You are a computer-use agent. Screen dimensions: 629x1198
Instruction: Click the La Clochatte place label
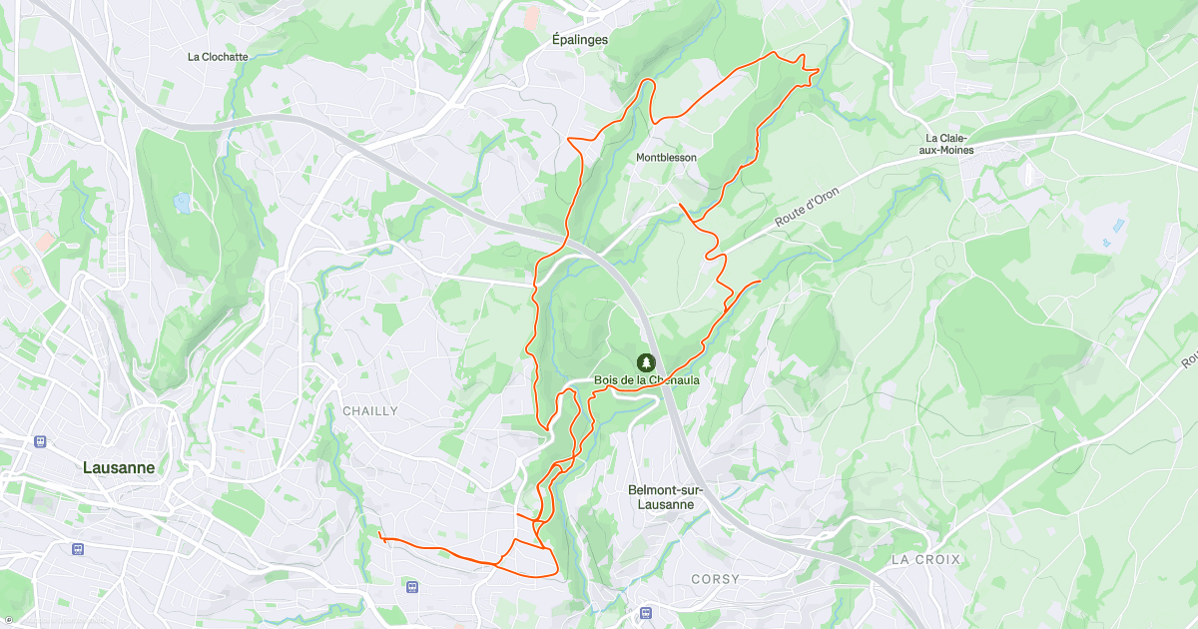[x=218, y=57]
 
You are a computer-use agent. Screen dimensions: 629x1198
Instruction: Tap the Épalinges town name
[x=580, y=40]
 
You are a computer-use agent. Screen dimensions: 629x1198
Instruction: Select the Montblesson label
[x=667, y=158]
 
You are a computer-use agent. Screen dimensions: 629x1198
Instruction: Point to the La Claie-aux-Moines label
[x=949, y=144]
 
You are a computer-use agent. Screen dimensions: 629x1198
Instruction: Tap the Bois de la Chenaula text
[x=647, y=380]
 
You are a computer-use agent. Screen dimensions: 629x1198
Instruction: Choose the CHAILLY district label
[x=370, y=411]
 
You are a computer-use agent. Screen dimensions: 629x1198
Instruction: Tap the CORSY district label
[x=716, y=579]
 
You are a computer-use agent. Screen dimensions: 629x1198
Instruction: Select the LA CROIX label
[x=925, y=560]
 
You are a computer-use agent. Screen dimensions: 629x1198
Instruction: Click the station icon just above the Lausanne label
[x=40, y=440]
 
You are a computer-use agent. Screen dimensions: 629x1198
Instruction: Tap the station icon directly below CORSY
[x=646, y=613]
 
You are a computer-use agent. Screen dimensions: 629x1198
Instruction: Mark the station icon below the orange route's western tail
[x=412, y=587]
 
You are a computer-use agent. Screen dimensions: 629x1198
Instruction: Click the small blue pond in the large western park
[x=183, y=203]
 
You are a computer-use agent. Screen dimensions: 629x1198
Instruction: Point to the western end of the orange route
[x=381, y=535]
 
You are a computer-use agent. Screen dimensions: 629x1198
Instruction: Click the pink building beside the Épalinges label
[x=532, y=17]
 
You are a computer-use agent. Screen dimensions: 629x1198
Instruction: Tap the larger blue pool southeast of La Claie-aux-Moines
[x=1117, y=225]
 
